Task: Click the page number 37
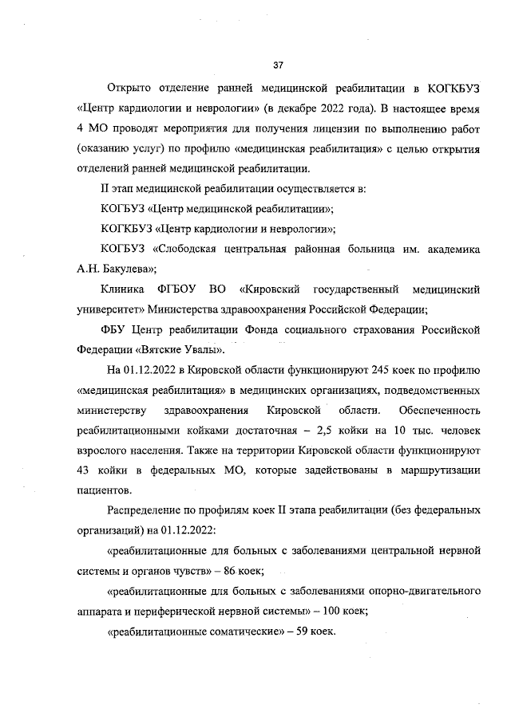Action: [278, 65]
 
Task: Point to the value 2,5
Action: [328, 432]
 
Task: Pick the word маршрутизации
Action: [439, 473]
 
